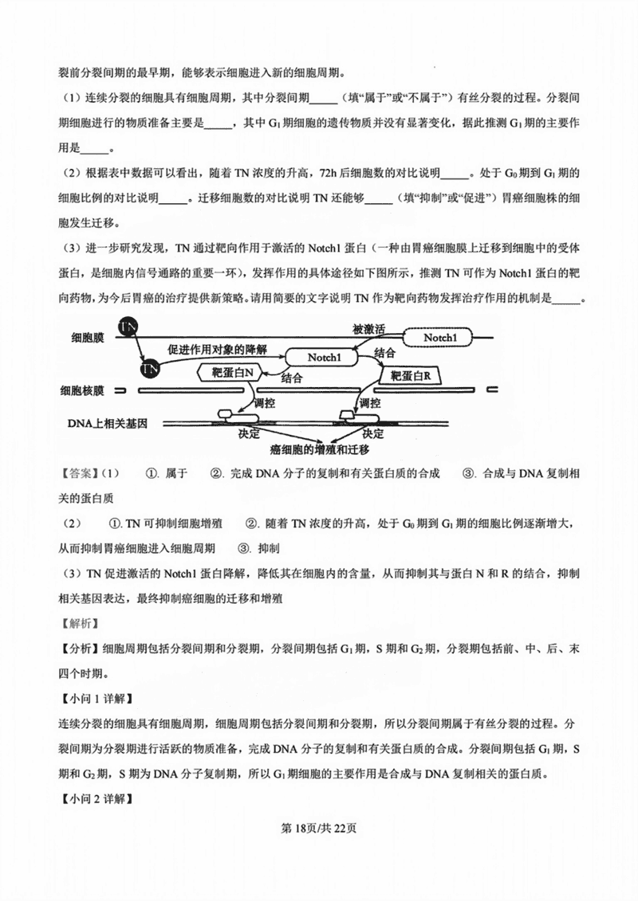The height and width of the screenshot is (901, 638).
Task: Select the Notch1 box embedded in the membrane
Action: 440,338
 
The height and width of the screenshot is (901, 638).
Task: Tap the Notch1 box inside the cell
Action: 324,358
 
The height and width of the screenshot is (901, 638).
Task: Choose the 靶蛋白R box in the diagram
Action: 410,374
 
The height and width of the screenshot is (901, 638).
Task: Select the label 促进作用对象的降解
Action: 217,349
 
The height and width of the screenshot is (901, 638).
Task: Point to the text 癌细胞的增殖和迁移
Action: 319,451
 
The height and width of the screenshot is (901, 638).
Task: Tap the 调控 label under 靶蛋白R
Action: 370,404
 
